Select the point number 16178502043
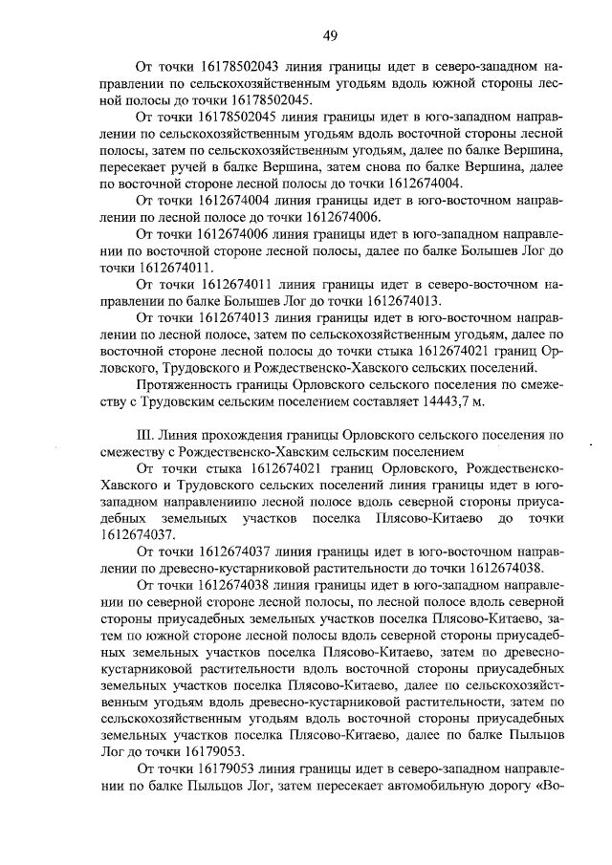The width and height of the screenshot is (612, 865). (239, 68)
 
